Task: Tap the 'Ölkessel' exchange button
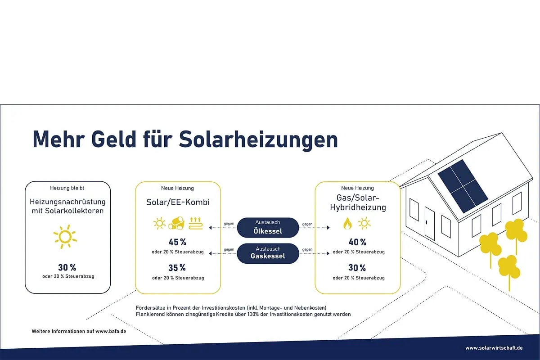(x=268, y=227)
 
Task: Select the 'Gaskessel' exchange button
(x=268, y=253)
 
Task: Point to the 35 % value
(x=177, y=268)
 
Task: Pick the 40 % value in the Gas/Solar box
(x=357, y=242)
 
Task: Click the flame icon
(x=347, y=223)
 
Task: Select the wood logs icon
(x=177, y=223)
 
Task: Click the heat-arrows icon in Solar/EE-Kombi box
(x=195, y=223)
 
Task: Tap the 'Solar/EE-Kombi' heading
(x=178, y=202)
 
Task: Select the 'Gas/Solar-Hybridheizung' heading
(x=357, y=202)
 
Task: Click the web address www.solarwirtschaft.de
(x=494, y=348)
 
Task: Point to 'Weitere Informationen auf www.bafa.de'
(x=79, y=331)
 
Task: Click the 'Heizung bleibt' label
(x=67, y=188)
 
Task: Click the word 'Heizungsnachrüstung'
(x=67, y=202)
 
